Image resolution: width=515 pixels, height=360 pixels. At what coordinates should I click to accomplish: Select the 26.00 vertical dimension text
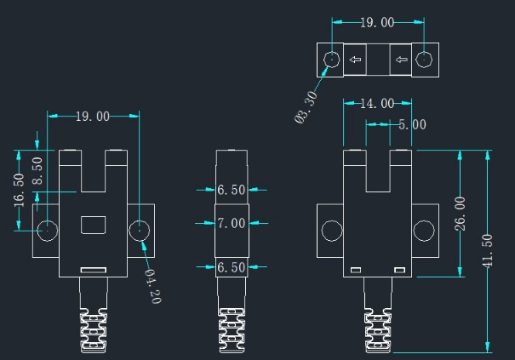coord(461,214)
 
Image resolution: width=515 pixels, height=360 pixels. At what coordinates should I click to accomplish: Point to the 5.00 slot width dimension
coord(412,124)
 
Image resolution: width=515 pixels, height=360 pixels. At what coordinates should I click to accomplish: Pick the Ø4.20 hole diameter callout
coord(151,286)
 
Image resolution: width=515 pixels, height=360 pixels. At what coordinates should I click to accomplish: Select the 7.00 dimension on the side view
coord(231,223)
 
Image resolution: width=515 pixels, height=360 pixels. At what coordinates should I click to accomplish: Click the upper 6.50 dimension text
coord(231,190)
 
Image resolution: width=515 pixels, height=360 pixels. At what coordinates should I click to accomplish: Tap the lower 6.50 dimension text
coord(231,267)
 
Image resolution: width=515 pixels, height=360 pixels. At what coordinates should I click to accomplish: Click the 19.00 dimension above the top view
coord(375,23)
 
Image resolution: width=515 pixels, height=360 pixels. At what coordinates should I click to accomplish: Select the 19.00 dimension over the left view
coord(93,117)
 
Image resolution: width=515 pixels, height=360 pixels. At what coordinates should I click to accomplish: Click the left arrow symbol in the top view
coord(355,60)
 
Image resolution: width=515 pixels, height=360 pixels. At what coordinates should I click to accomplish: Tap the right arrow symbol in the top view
coord(402,60)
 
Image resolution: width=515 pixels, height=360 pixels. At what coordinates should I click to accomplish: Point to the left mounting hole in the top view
coord(331,60)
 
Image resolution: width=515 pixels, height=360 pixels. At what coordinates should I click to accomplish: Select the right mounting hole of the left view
coord(139,230)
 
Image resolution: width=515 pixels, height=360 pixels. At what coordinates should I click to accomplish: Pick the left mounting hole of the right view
coord(330,230)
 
